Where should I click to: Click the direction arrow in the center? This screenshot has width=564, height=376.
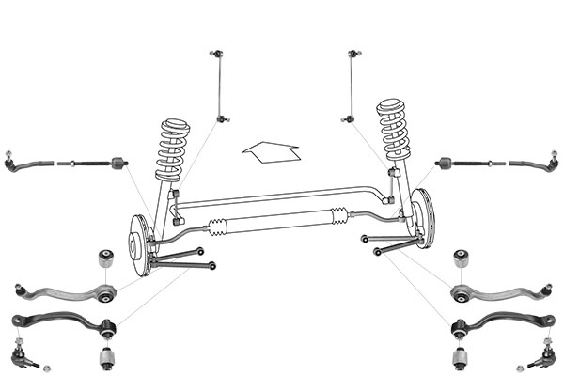coord(271,151)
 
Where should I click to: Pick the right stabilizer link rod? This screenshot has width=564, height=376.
coord(350,85)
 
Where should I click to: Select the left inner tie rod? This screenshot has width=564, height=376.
coord(94,164)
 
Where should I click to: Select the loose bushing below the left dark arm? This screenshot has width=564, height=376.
coord(106,358)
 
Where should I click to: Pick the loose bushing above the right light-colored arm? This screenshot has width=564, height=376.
coord(460,258)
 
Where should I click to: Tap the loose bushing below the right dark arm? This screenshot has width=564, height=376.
coord(460,358)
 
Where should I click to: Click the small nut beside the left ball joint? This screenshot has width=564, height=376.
coord(47,366)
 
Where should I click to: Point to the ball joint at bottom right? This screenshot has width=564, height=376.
coord(542,355)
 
